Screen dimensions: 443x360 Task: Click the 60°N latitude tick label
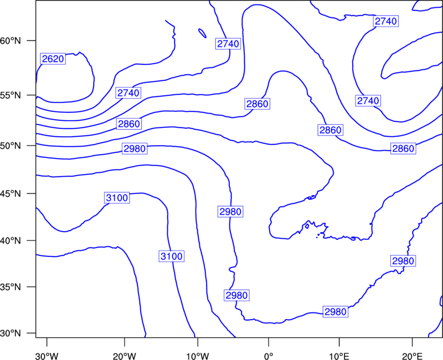click(x=11, y=41)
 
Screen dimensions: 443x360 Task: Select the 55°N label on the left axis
click(x=11, y=95)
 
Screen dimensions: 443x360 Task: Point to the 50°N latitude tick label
click(x=11, y=146)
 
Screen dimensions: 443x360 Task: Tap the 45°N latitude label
click(x=11, y=194)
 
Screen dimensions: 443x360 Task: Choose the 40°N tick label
click(x=11, y=241)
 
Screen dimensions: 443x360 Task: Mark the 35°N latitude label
click(x=11, y=287)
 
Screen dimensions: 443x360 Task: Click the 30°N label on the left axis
click(x=11, y=333)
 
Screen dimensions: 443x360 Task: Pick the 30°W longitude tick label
click(x=47, y=356)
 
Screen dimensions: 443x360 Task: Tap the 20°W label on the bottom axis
click(x=125, y=356)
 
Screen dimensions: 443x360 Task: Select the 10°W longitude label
click(x=198, y=356)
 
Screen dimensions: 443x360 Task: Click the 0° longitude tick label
click(x=269, y=356)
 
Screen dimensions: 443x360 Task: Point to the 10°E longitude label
click(x=339, y=356)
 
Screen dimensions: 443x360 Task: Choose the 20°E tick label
click(x=412, y=356)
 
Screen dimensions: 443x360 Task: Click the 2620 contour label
click(x=53, y=59)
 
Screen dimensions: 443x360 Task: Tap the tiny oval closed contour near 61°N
click(x=202, y=33)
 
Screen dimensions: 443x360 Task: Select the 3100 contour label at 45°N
click(x=117, y=198)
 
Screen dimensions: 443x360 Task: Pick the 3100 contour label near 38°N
click(x=172, y=256)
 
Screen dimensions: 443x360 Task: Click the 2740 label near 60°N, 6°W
click(x=228, y=44)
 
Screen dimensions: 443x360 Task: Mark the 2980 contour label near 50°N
click(x=135, y=148)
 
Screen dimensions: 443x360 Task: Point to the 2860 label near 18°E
click(x=403, y=148)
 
